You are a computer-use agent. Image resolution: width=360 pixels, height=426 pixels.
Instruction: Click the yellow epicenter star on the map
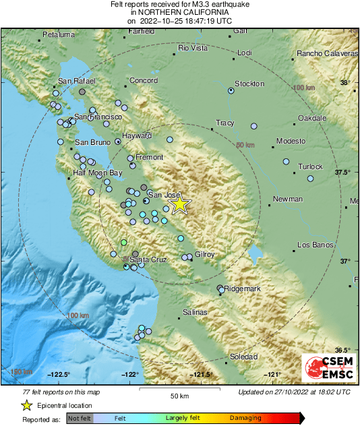[x=179, y=204]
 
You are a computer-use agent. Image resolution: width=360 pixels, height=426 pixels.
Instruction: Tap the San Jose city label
[x=160, y=195]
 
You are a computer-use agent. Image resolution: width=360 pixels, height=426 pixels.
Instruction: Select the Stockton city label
[x=249, y=84]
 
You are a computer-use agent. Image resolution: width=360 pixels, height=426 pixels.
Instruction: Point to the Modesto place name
[x=291, y=141]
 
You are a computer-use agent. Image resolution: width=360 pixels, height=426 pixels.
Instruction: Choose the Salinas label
[x=196, y=313]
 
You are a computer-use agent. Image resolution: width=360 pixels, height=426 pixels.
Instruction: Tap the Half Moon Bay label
[x=98, y=173]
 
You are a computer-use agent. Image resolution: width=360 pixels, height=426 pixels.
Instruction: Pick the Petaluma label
[x=58, y=34]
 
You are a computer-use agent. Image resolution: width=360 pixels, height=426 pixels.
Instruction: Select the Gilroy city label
[x=204, y=254]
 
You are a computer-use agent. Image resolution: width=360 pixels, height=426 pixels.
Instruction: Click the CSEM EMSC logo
[x=328, y=368]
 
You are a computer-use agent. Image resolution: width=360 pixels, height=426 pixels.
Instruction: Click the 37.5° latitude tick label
[x=343, y=173]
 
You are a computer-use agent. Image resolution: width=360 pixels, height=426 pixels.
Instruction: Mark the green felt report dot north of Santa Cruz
[x=123, y=242]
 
